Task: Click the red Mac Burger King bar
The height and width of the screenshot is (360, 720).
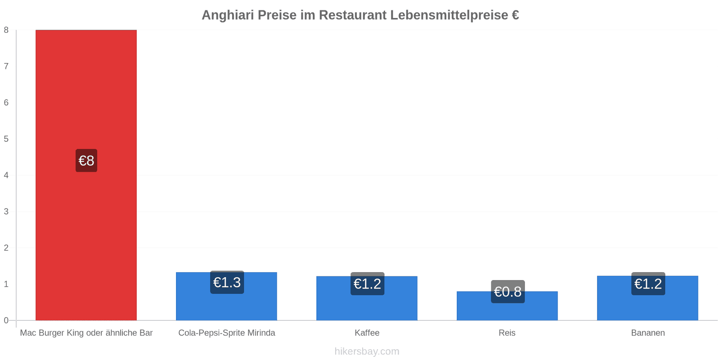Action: (86, 175)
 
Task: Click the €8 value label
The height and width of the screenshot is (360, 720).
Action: (86, 160)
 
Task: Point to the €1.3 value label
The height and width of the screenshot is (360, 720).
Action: (227, 282)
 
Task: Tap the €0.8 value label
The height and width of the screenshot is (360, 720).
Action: (508, 292)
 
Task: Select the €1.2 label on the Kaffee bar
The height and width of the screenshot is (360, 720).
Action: (367, 283)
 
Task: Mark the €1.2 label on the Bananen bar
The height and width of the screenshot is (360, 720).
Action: (648, 283)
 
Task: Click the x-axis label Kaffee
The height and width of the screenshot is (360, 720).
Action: (367, 333)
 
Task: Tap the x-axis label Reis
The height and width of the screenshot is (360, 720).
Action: (507, 333)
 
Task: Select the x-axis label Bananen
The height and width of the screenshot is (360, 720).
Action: (648, 333)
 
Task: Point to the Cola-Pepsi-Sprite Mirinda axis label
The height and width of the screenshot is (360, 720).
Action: (227, 333)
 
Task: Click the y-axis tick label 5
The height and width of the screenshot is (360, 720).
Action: (6, 139)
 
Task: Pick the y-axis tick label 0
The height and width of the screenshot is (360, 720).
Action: (6, 320)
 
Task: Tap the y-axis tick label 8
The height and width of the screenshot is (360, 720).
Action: (6, 30)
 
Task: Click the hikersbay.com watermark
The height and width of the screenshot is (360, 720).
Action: (367, 351)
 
